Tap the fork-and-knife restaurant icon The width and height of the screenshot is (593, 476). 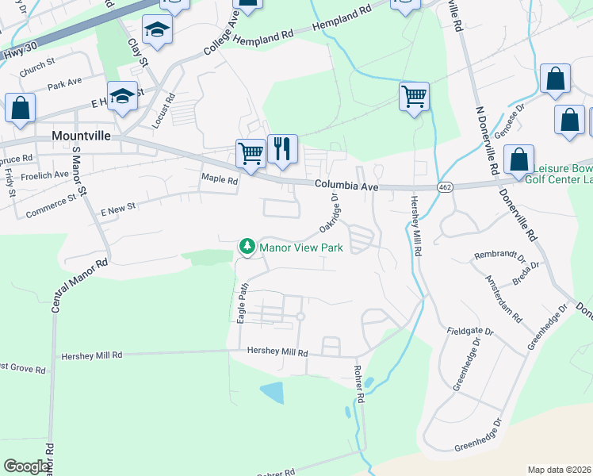(x=282, y=148)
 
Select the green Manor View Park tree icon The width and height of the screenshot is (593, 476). (x=247, y=248)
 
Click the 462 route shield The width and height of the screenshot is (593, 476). (x=443, y=186)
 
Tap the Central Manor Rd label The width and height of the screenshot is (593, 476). (x=78, y=285)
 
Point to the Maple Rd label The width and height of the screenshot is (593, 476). (x=220, y=180)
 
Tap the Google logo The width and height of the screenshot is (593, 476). (x=27, y=466)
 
